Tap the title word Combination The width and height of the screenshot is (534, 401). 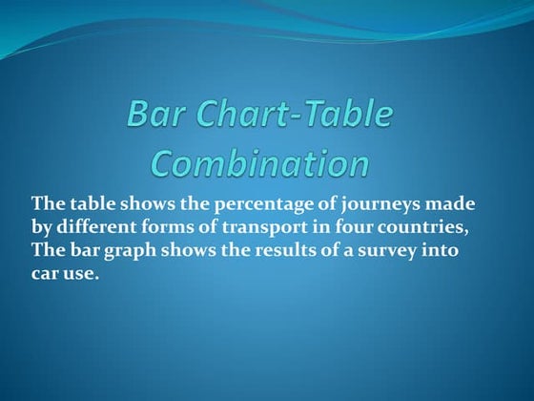[260, 163]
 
